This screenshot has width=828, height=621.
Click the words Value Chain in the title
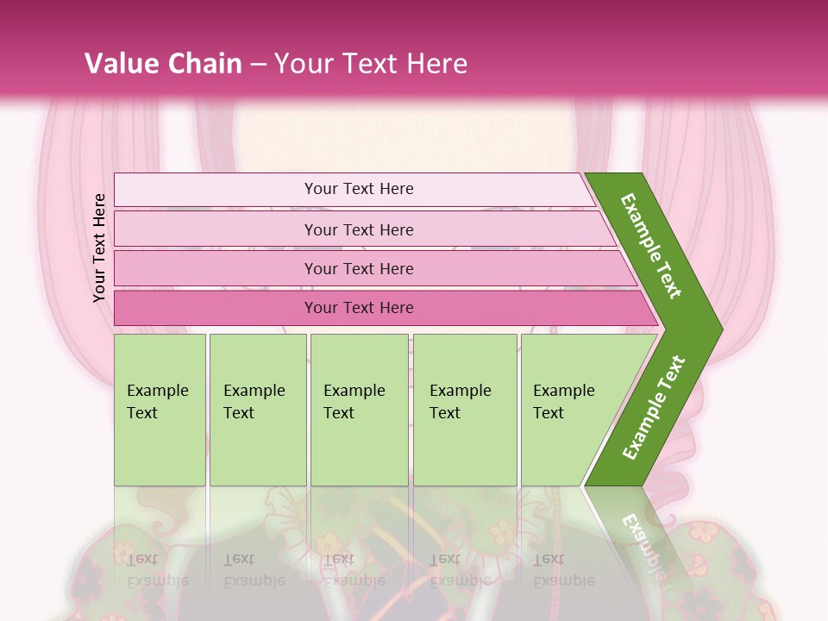pos(163,63)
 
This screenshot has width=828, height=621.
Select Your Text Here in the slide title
pos(371,63)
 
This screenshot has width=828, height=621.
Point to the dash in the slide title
pos(258,64)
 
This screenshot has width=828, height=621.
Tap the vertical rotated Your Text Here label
pos(99,248)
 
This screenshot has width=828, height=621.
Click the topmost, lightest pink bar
pos(216,189)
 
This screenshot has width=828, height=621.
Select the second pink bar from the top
pos(216,229)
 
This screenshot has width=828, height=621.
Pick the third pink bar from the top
pos(216,268)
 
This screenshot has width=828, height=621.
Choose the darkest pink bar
pos(216,308)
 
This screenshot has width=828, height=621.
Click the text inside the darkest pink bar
pos(359,308)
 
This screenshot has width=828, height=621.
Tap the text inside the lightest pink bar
pos(359,189)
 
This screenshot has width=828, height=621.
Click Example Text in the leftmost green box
pos(157,402)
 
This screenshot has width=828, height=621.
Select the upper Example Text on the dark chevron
pos(651,247)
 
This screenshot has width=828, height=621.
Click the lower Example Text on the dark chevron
pos(654,408)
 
